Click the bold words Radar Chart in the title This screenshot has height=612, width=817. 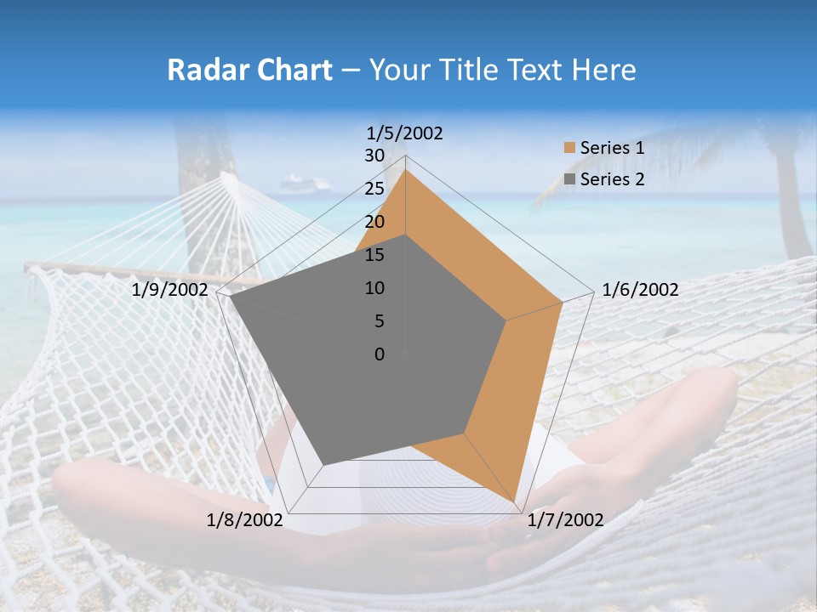point(249,70)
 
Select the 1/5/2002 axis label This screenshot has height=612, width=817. point(405,133)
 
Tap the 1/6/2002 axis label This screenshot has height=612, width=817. point(640,290)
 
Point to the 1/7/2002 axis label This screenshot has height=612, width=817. point(565,520)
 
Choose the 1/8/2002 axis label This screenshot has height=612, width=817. point(244,520)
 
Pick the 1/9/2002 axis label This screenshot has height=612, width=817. point(170,290)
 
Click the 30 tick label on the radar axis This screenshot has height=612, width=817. point(374,156)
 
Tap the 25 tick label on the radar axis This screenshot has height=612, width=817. point(374,189)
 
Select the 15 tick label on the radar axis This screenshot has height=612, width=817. point(374,255)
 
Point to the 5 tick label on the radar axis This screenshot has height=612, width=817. point(379,321)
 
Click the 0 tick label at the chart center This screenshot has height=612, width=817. point(380,354)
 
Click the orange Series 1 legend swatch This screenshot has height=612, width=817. point(569,148)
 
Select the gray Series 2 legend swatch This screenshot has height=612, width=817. point(569,179)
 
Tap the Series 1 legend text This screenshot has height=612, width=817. point(612,148)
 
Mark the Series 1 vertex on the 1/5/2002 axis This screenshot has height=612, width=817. point(406,169)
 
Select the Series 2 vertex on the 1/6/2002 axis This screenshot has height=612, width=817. point(506,320)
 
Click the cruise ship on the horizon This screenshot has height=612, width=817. point(304,184)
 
